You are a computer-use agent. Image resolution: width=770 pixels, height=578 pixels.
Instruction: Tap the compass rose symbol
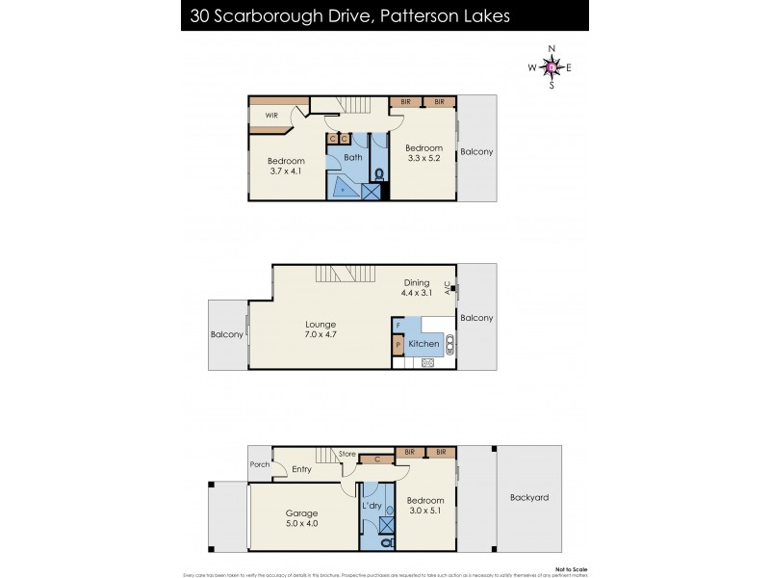[551, 66]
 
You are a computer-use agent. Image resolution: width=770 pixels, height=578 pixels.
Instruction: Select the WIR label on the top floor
[270, 117]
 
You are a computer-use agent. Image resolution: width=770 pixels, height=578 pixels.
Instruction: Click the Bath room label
[353, 157]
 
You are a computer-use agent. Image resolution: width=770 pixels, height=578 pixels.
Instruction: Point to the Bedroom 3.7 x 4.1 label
[286, 166]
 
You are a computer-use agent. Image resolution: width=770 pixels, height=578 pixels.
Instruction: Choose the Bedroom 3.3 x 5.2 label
[423, 153]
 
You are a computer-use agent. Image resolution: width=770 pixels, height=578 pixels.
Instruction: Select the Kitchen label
[423, 344]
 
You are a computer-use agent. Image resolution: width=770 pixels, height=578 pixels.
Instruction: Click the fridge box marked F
[398, 326]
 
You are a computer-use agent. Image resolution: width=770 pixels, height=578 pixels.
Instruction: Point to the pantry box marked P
[398, 344]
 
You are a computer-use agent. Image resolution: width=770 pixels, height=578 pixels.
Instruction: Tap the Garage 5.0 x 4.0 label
[301, 518]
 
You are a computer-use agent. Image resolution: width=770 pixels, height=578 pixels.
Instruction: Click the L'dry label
[372, 506]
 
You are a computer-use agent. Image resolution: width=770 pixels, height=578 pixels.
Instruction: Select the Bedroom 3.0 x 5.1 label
[424, 506]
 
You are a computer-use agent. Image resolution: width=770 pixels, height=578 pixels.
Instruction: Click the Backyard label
[529, 498]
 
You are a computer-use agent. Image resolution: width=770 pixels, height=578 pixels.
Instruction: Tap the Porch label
[260, 464]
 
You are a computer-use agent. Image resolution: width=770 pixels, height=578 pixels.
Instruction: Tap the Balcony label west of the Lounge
[227, 336]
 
